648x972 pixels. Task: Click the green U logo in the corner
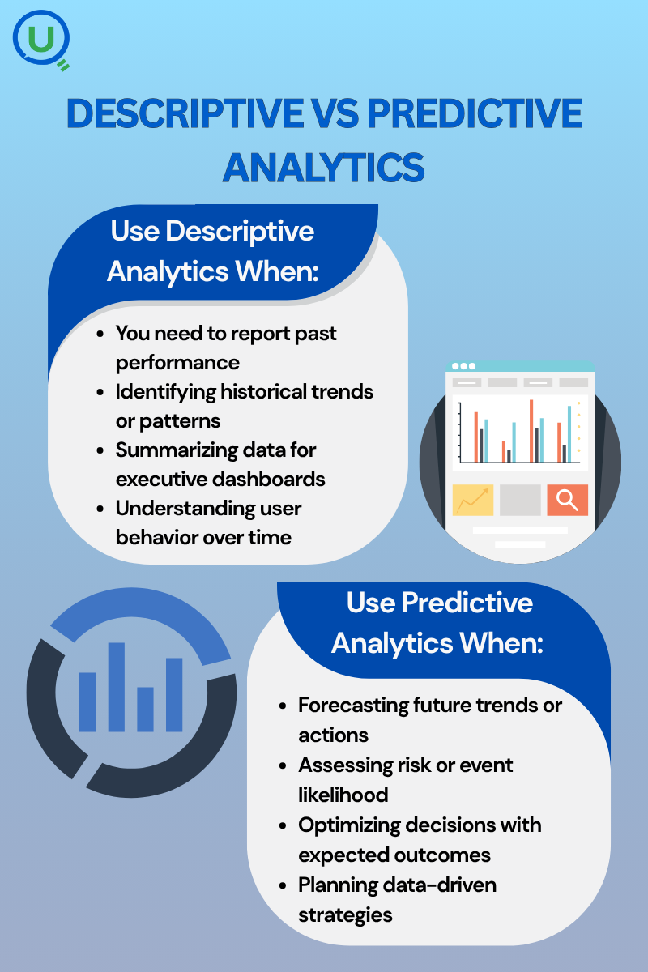tap(40, 40)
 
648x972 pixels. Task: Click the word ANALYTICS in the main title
tap(324, 168)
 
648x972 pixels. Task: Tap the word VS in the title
tap(335, 113)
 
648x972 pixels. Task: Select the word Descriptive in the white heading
tap(240, 231)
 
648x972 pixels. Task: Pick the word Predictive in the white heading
tap(467, 603)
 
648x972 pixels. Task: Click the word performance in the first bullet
tap(177, 363)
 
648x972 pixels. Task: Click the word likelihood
tap(343, 795)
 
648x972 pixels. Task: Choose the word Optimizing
tap(348, 825)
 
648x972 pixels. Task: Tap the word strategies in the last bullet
tap(346, 915)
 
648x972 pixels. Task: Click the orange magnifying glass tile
tap(567, 500)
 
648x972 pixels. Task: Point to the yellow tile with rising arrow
tap(473, 500)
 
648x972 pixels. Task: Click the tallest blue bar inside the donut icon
tap(117, 688)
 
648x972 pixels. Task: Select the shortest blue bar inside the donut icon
tap(146, 710)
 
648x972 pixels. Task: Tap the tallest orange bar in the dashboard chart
tap(531, 431)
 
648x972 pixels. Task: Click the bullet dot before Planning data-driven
tap(283, 885)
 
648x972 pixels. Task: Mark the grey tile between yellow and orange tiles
tap(520, 500)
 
